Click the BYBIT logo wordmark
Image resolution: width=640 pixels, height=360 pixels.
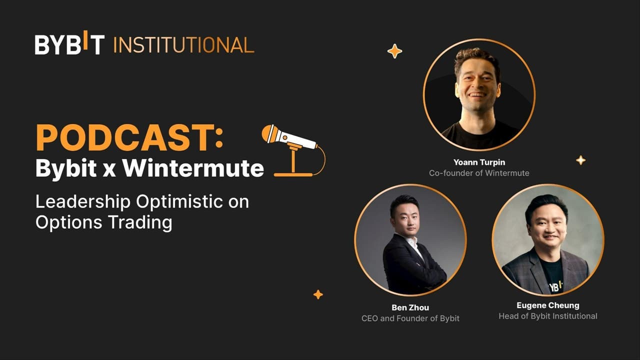point(69,44)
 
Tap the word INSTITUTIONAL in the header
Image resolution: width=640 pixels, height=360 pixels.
point(183,45)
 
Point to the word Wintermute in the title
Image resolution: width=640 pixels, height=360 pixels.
point(193,168)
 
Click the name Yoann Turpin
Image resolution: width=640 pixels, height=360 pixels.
point(478,162)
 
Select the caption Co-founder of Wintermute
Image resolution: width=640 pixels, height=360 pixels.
point(478,173)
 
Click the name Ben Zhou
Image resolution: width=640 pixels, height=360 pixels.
point(410,307)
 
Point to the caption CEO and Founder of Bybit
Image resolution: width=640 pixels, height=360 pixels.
point(410,318)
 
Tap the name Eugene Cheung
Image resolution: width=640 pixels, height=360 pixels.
point(547,305)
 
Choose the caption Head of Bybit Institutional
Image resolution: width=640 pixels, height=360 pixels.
point(547,316)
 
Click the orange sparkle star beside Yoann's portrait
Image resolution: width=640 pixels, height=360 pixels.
point(394,51)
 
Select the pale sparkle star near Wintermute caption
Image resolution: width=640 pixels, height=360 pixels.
point(580,160)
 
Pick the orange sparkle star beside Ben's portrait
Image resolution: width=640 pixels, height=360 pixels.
point(318,294)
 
